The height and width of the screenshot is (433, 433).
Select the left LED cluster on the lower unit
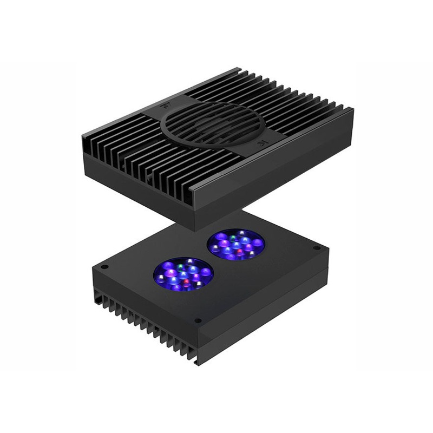click(183, 273)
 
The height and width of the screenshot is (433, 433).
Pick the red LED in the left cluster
click(186, 283)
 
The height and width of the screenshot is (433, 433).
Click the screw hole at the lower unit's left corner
click(105, 267)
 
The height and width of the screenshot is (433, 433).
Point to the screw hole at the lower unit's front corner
click(198, 320)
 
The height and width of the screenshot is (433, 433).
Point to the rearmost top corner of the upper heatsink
click(238, 69)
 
